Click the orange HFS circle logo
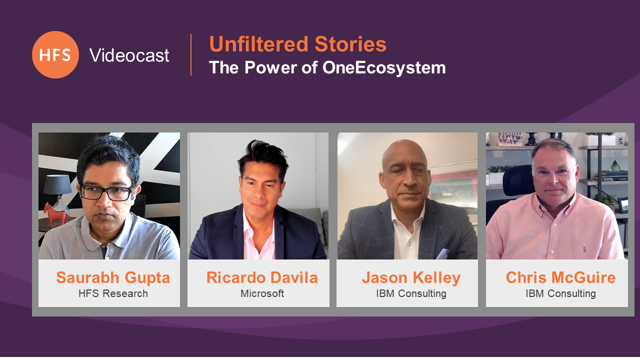55,55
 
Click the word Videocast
129,55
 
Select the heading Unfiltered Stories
297,44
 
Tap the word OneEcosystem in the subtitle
384,67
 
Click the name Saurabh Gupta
113,277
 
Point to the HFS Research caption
113,293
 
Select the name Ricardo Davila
262,277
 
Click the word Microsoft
262,293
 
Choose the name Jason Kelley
411,277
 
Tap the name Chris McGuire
560,277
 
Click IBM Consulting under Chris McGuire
560,293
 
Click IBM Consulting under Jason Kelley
411,293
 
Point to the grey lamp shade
57,184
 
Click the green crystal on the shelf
615,165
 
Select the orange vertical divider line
191,55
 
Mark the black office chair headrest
517,180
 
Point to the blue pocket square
442,254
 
